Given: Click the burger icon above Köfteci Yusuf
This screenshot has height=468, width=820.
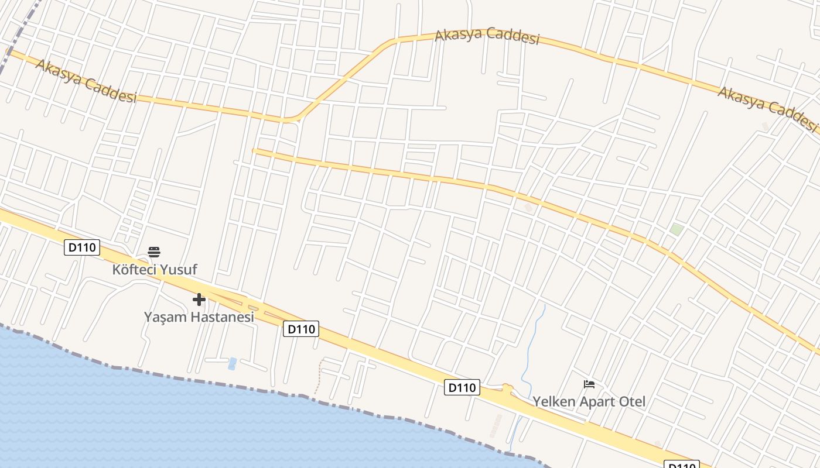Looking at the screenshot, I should pyautogui.click(x=154, y=252).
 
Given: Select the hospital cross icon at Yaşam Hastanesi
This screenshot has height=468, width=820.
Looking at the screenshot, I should pyautogui.click(x=199, y=300).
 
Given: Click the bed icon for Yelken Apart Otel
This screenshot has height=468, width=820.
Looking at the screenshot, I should pyautogui.click(x=589, y=384).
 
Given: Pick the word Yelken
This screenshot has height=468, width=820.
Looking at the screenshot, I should pyautogui.click(x=553, y=402).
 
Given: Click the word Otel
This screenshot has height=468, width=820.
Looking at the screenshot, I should pyautogui.click(x=631, y=402).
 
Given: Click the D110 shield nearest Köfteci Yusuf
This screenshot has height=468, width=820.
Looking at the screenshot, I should pyautogui.click(x=81, y=247).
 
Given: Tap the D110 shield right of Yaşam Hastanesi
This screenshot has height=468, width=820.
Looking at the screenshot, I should pyautogui.click(x=301, y=329).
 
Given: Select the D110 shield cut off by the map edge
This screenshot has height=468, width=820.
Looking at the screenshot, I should pyautogui.click(x=681, y=464).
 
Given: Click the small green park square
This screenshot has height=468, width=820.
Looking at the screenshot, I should pyautogui.click(x=677, y=229).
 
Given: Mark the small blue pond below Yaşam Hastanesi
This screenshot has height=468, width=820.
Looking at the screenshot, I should pyautogui.click(x=232, y=363).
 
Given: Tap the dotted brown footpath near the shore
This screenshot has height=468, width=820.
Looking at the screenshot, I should pyautogui.click(x=318, y=379).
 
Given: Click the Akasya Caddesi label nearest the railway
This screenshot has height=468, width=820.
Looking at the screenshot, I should pyautogui.click(x=86, y=81).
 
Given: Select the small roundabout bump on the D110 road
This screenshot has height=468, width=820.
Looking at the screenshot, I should pyautogui.click(x=507, y=387).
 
